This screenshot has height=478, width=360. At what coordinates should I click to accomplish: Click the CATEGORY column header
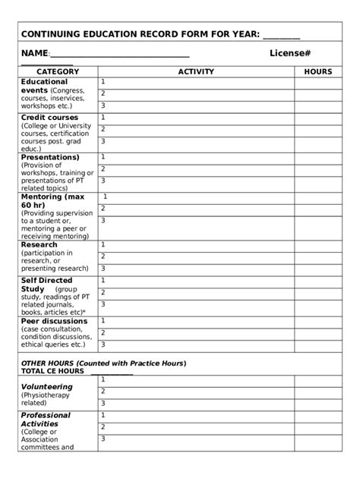coord(57,72)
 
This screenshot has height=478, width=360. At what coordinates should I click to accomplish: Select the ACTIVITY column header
coord(196,72)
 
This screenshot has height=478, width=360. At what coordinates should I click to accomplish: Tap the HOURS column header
coord(317,72)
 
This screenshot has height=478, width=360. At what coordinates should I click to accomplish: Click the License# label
coord(289,53)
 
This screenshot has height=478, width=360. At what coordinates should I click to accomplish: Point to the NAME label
coord(34,53)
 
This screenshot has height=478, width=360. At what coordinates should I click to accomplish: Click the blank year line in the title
coord(282,35)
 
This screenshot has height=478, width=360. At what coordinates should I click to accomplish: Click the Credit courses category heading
coord(49,118)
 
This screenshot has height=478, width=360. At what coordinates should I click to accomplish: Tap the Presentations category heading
coord(50,157)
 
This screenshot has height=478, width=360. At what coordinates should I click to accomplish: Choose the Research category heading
coord(39,245)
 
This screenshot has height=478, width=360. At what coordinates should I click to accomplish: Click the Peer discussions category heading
coord(54,321)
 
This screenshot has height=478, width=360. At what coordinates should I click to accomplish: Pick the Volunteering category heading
coord(47,387)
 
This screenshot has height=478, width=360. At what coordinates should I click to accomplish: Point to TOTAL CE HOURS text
coord(52,371)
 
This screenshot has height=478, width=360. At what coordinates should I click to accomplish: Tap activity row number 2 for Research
coord(196,257)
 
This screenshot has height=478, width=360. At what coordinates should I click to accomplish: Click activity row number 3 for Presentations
coord(196,181)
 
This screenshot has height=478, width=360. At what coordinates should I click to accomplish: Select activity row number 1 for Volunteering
coord(196,378)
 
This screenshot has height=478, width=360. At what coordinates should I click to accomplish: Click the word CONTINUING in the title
coord(55,35)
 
